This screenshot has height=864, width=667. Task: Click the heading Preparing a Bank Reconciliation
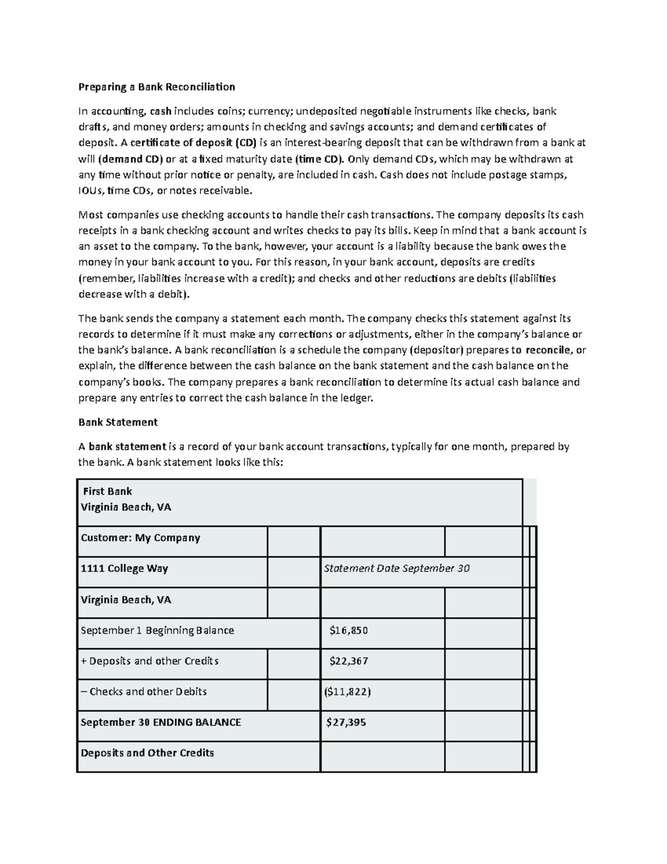(157, 87)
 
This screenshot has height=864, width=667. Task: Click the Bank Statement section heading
(118, 422)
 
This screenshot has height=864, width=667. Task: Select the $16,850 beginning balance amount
(349, 630)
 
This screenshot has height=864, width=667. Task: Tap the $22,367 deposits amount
(349, 661)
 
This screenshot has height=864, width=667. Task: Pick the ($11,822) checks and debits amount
(347, 692)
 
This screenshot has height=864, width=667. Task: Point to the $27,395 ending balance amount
(346, 722)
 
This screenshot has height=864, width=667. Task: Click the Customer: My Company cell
(140, 538)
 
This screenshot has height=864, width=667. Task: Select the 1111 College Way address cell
(125, 569)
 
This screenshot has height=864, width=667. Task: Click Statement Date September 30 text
(397, 569)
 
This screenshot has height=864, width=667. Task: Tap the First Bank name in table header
(107, 491)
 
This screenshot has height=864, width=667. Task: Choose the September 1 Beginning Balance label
(157, 630)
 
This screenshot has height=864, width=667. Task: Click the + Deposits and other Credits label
(150, 661)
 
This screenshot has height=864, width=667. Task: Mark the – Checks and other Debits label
(143, 692)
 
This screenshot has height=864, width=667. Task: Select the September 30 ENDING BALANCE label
(161, 722)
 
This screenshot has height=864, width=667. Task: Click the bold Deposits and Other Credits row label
(147, 753)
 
